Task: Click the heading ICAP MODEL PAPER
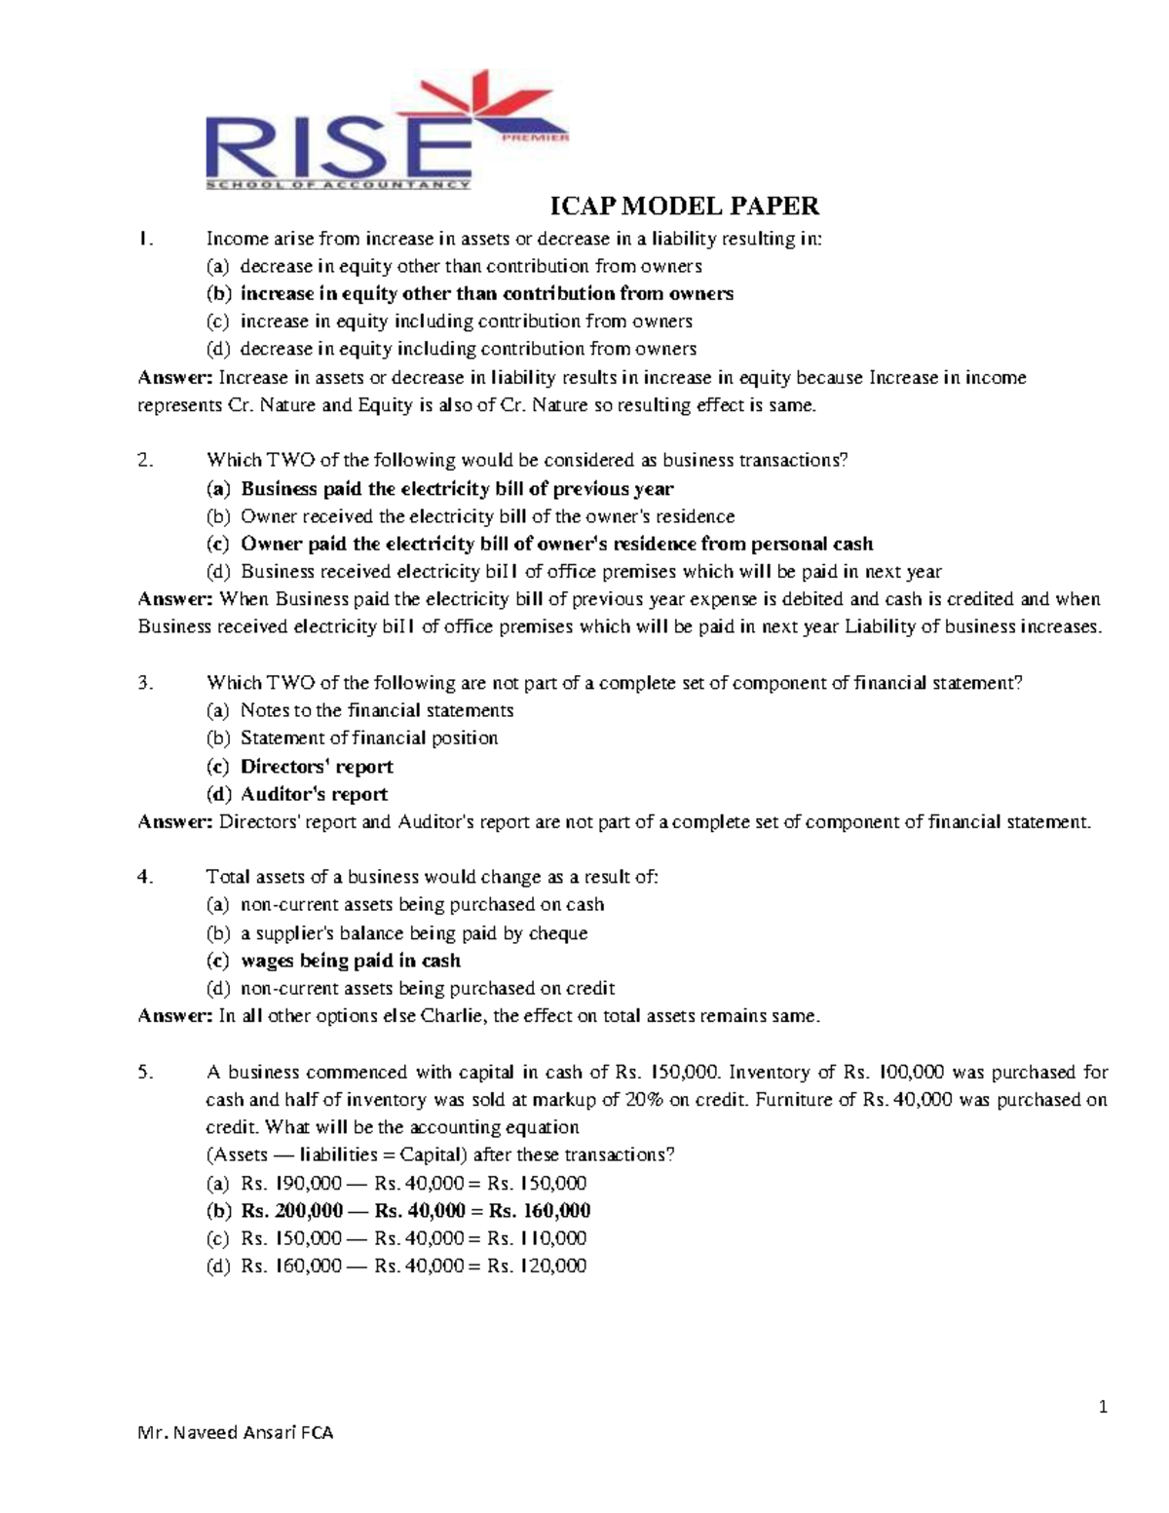point(685,207)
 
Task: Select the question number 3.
point(146,683)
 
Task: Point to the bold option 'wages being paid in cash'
point(350,961)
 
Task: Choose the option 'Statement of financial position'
point(369,738)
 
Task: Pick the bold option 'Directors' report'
point(317,767)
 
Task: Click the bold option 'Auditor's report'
point(314,794)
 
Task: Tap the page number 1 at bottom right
point(1103,1406)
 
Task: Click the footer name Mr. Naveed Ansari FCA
point(235,1432)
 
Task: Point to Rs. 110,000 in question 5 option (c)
point(537,1238)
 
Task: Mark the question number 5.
point(146,1073)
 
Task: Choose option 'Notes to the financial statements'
point(377,710)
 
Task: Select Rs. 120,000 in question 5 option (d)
point(537,1267)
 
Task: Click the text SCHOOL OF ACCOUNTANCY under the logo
point(336,184)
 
